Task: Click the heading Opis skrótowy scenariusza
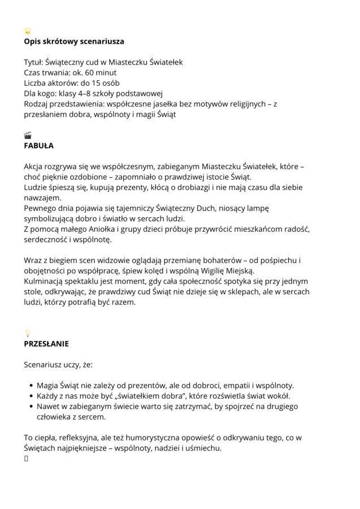click(x=74, y=41)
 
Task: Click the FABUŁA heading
click(x=38, y=145)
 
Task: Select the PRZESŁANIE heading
click(x=46, y=343)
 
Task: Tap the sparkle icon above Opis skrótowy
click(x=28, y=31)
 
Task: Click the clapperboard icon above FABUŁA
click(x=28, y=135)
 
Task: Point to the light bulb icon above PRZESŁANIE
click(x=27, y=333)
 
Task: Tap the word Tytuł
click(x=33, y=62)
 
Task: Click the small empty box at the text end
click(x=26, y=459)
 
